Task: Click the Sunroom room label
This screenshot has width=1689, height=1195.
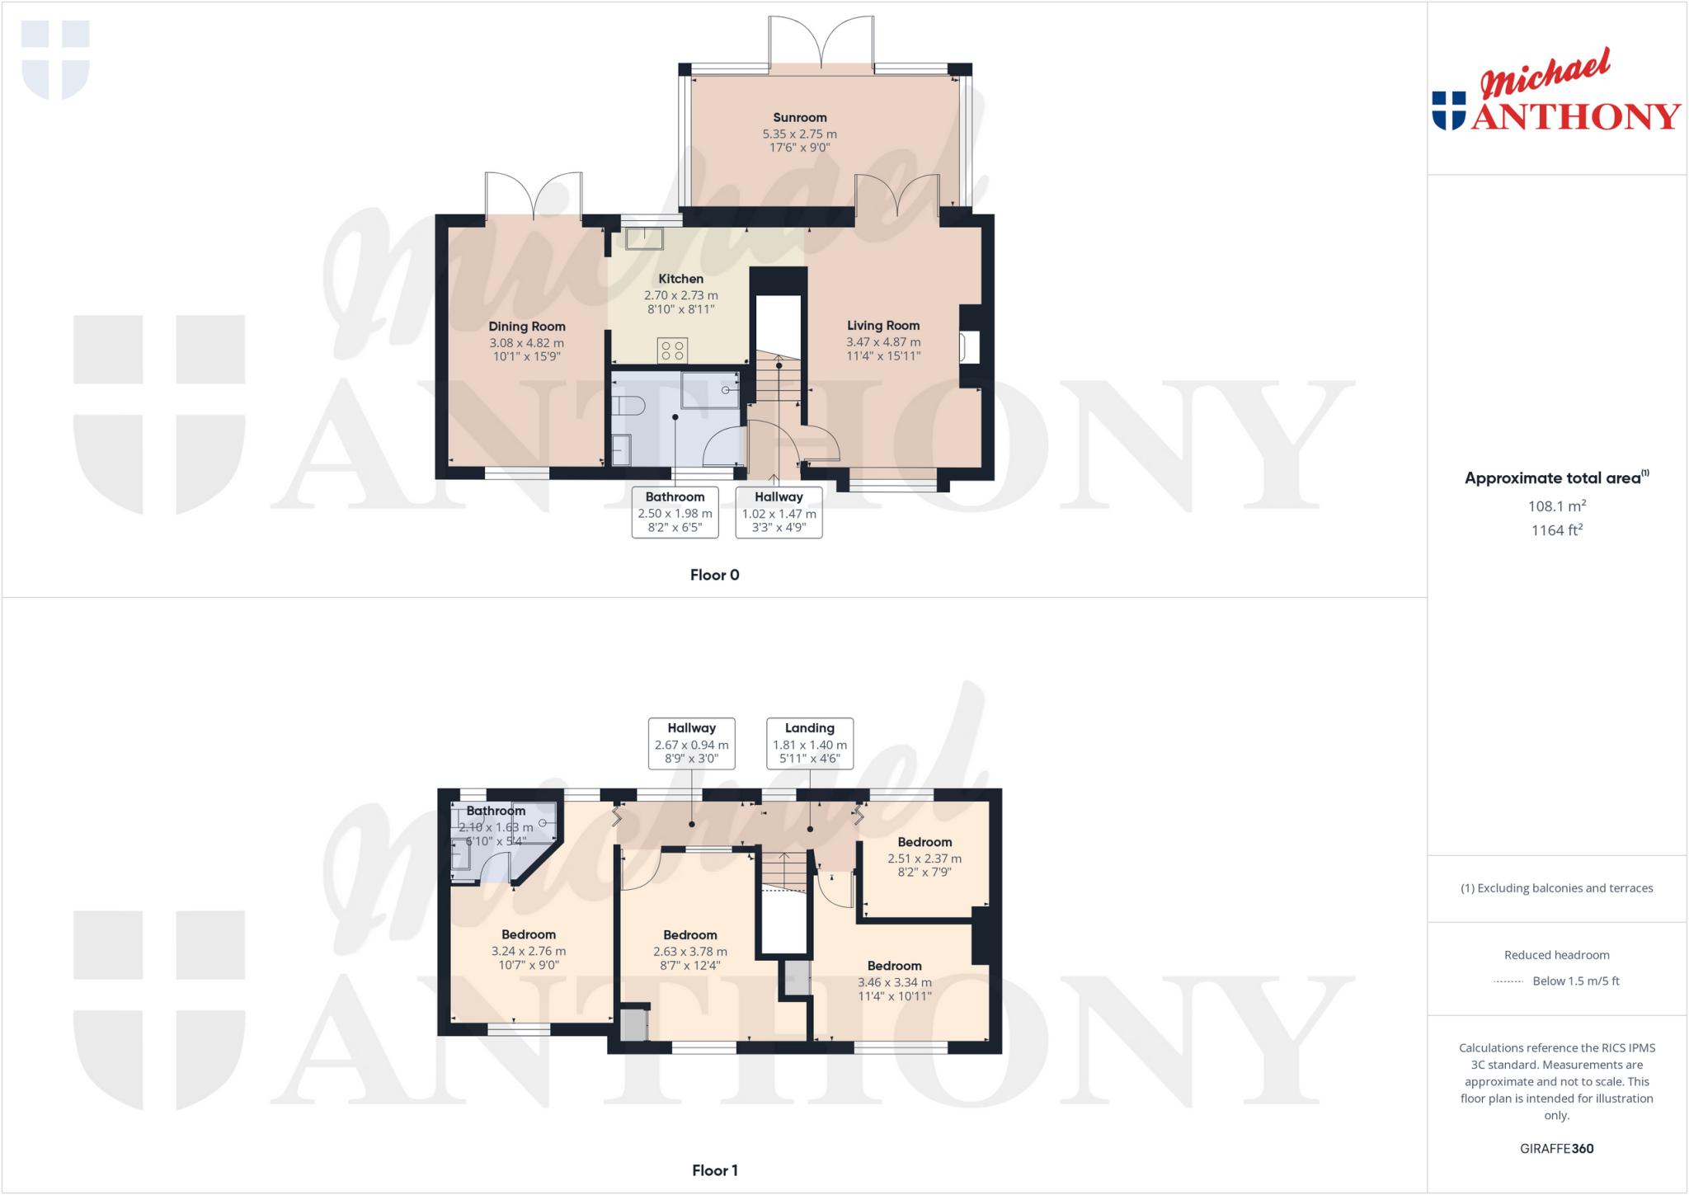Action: (799, 118)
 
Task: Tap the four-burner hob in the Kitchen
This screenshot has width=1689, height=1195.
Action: (672, 351)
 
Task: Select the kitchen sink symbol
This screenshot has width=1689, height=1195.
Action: (644, 238)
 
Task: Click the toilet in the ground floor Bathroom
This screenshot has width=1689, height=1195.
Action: (629, 405)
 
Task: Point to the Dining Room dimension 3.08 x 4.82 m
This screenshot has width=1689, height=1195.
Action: (526, 343)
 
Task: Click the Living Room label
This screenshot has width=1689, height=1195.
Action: (882, 326)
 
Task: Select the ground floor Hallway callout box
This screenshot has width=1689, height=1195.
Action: (779, 512)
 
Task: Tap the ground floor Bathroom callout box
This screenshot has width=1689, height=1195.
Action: (675, 512)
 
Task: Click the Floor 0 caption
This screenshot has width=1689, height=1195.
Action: (714, 575)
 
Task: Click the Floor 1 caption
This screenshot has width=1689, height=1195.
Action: (714, 1170)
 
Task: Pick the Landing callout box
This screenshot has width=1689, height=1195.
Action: (809, 743)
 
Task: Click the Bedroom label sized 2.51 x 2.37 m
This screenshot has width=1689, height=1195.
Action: (924, 842)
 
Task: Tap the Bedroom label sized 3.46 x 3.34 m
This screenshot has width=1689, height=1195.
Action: (894, 966)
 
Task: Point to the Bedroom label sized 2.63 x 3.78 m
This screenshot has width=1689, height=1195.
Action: (689, 935)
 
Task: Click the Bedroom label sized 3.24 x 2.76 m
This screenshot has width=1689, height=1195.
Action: (529, 934)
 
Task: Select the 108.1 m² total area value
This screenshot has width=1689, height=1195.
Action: (1556, 506)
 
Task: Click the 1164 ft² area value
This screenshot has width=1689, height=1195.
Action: (1556, 530)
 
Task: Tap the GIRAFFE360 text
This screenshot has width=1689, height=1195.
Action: (1556, 1148)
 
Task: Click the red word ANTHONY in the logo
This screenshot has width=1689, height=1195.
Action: (1575, 116)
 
